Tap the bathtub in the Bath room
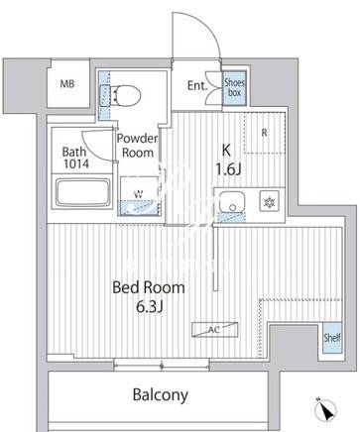pyautogui.click(x=83, y=193)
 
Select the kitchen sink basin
pyautogui.click(x=232, y=202)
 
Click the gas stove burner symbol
pyautogui.click(x=270, y=201)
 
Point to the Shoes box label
pyautogui.click(x=234, y=87)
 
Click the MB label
pyautogui.click(x=67, y=84)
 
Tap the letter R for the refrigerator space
pyautogui.click(x=264, y=133)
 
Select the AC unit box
pyautogui.click(x=215, y=330)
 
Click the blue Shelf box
pyautogui.click(x=332, y=338)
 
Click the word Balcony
pyautogui.click(x=161, y=395)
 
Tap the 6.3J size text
pyautogui.click(x=150, y=307)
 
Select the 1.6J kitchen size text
pyautogui.click(x=228, y=169)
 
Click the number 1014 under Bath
pyautogui.click(x=76, y=163)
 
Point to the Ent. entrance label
pyautogui.click(x=197, y=86)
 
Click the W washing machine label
pyautogui.click(x=139, y=194)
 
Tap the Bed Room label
pyautogui.click(x=149, y=287)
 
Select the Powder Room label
pyautogui.click(x=138, y=146)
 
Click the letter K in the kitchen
pyautogui.click(x=226, y=151)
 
